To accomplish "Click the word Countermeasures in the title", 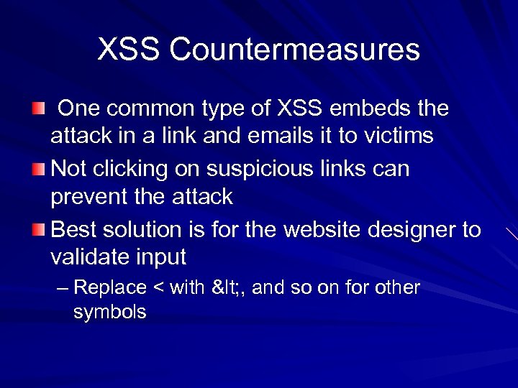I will click(x=296, y=50).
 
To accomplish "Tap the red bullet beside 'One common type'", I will click(x=37, y=108).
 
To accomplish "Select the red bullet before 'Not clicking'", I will click(x=37, y=170).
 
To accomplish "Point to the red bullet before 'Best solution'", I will click(x=37, y=230).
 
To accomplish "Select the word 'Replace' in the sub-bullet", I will click(x=109, y=288).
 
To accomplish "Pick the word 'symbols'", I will click(x=109, y=312).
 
